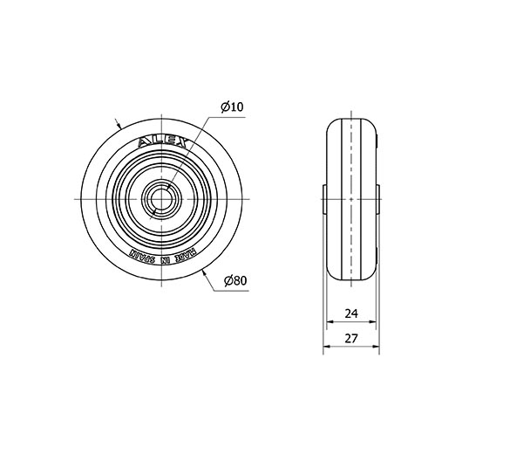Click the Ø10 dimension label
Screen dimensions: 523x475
click(x=232, y=107)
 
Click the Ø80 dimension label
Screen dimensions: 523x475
click(x=235, y=281)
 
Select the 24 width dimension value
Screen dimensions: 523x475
click(x=351, y=313)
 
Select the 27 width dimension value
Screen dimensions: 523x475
click(x=351, y=339)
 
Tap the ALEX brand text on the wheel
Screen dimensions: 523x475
click(x=162, y=142)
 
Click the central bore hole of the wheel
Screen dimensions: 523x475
click(x=161, y=199)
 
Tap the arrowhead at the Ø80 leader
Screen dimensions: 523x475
click(x=205, y=274)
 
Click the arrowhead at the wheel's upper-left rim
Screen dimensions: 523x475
click(x=119, y=125)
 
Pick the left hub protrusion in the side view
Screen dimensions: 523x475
click(x=324, y=199)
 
